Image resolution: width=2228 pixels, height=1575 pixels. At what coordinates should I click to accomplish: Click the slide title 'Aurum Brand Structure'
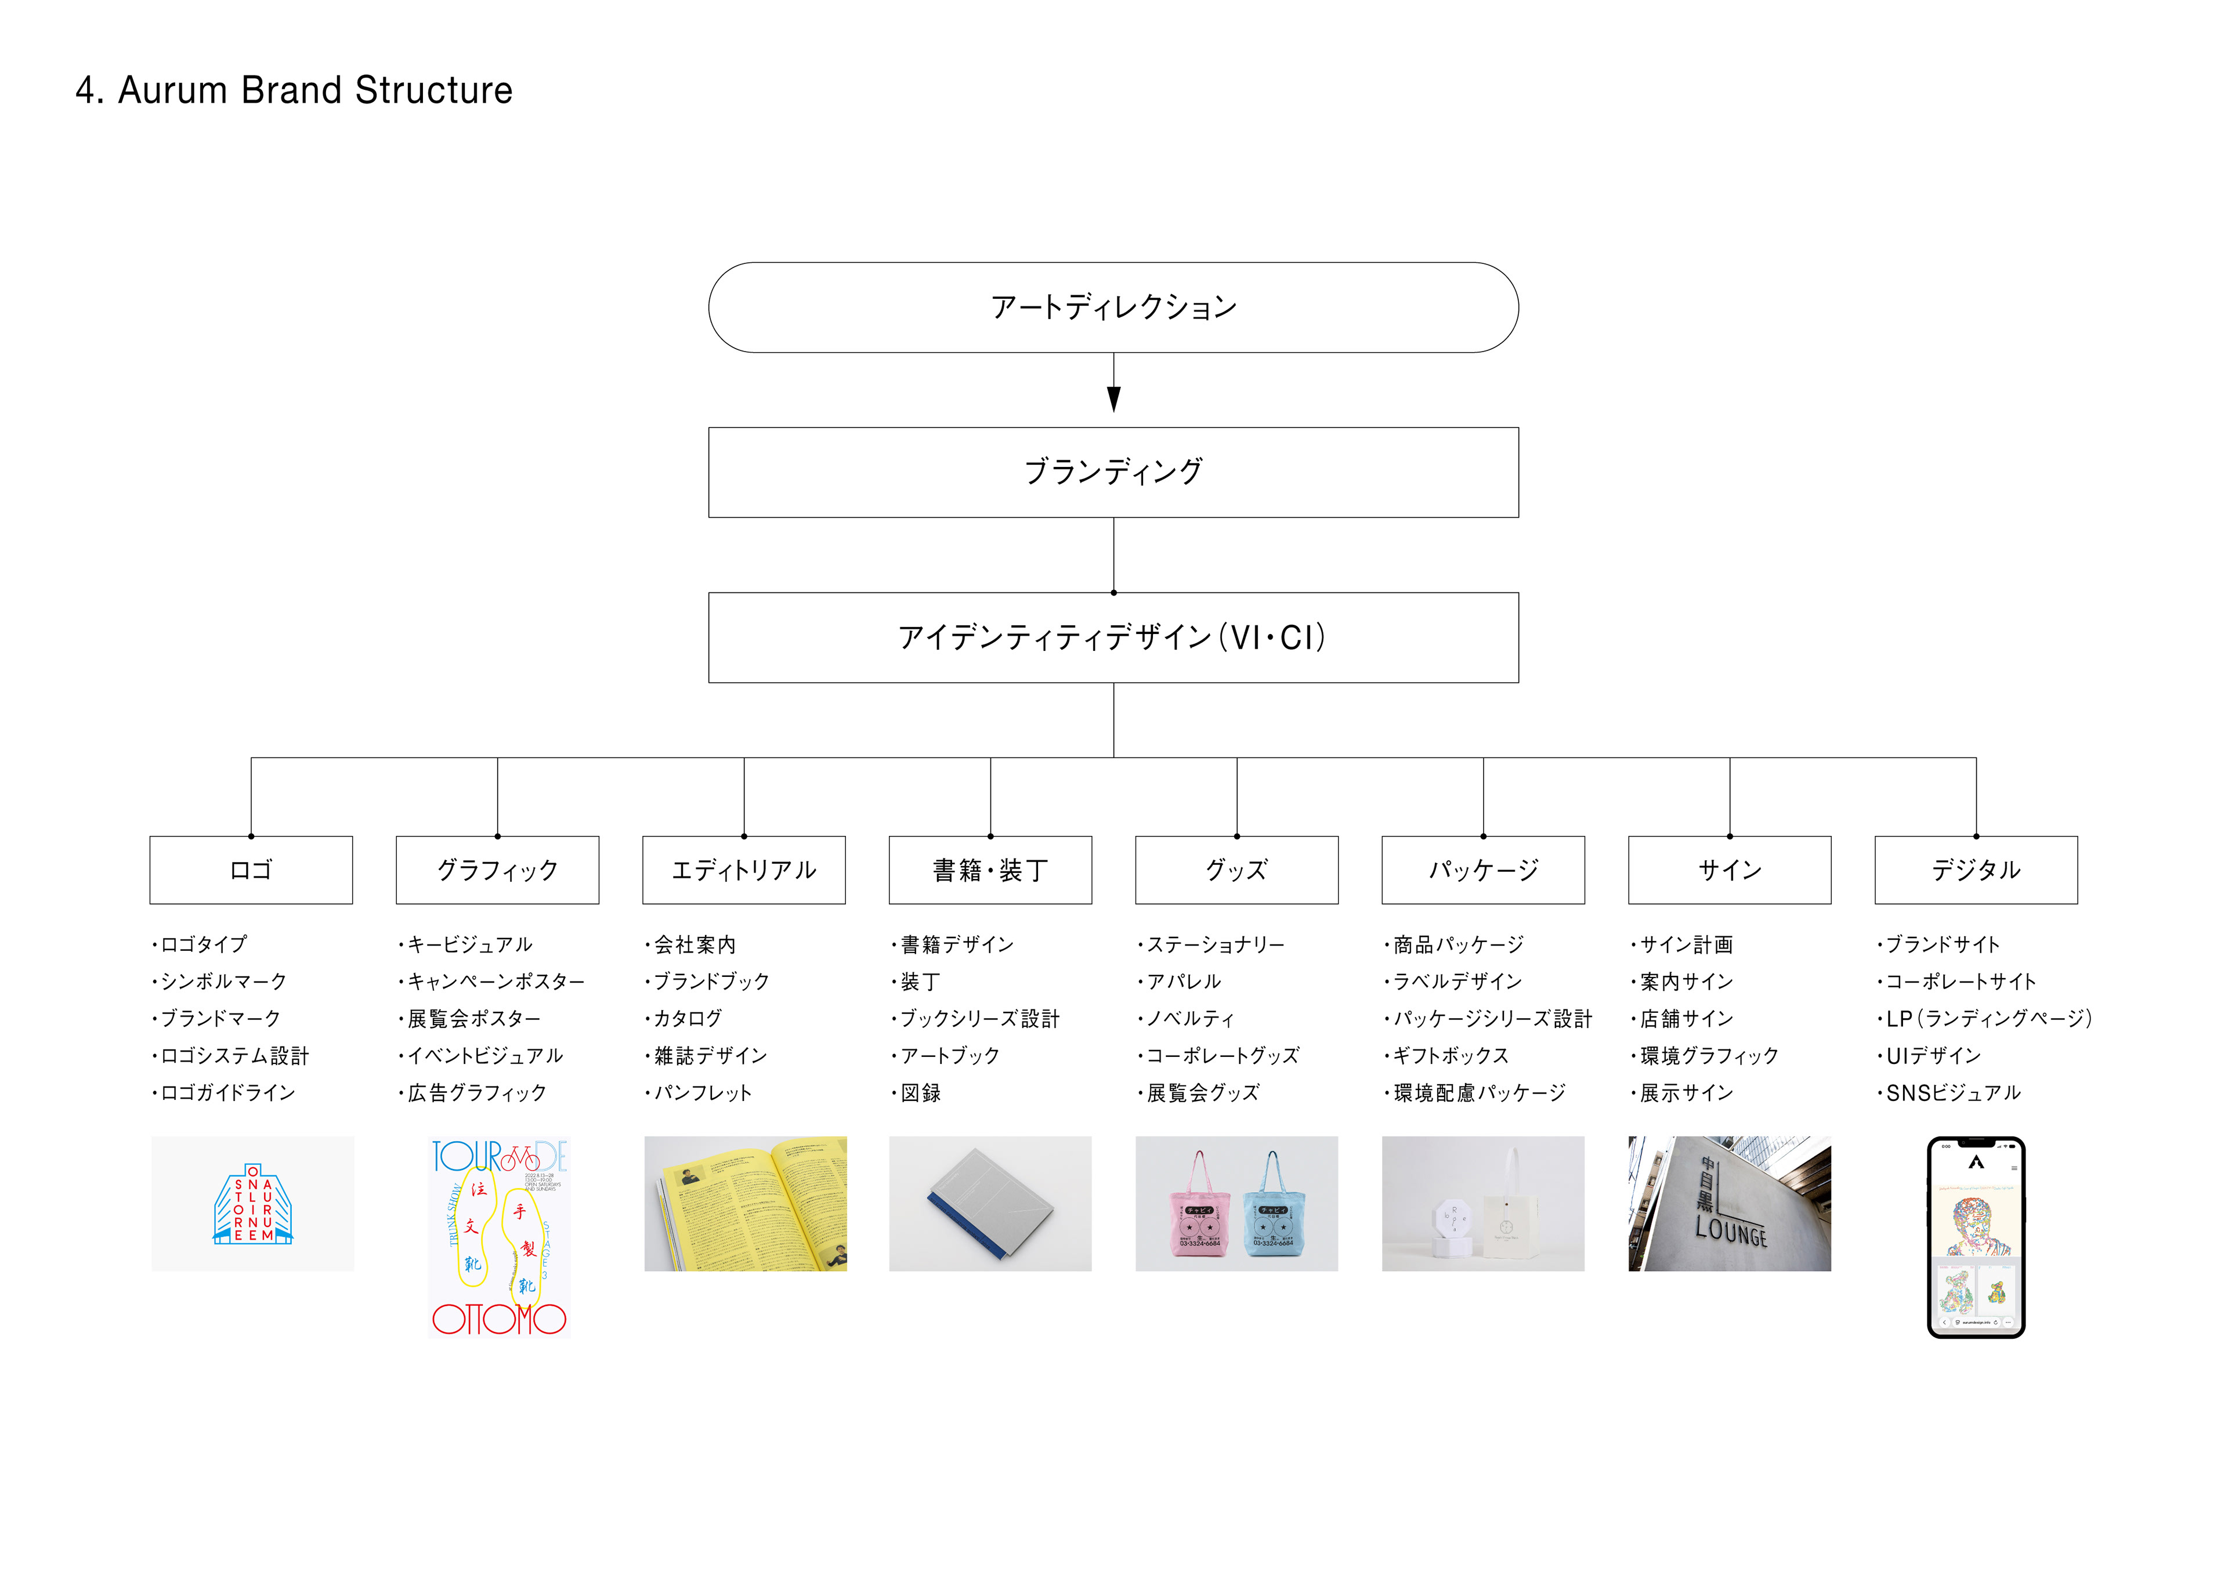294,90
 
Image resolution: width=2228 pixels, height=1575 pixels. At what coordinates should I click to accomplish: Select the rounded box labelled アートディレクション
1113,307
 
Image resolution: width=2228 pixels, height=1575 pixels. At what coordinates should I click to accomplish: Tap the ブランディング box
1113,473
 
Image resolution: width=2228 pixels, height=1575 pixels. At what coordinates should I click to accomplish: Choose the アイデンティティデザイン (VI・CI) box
1113,638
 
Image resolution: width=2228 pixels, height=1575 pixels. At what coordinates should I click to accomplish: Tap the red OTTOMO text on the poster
499,1319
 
